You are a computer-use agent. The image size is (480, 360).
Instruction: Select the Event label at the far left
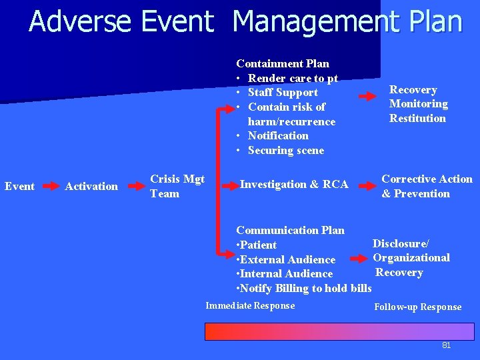pyautogui.click(x=19, y=187)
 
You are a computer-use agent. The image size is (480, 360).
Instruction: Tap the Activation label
pyautogui.click(x=91, y=187)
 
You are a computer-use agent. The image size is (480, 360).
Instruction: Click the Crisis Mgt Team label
pyautogui.click(x=177, y=186)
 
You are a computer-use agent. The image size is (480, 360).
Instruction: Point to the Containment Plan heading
pyautogui.click(x=283, y=64)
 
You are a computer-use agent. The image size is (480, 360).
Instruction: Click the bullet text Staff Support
pyautogui.click(x=283, y=93)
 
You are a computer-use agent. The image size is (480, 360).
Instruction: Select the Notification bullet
pyautogui.click(x=278, y=136)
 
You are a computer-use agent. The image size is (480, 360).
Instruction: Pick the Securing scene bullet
pyautogui.click(x=285, y=151)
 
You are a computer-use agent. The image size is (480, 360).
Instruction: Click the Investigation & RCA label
pyautogui.click(x=294, y=185)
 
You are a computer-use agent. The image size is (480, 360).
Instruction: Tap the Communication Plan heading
pyautogui.click(x=291, y=231)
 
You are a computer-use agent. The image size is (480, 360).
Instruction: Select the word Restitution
pyautogui.click(x=417, y=119)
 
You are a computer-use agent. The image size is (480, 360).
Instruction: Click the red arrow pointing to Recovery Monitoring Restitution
pyautogui.click(x=367, y=97)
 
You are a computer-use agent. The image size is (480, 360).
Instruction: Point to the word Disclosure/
pyautogui.click(x=401, y=243)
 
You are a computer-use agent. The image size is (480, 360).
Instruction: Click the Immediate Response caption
pyautogui.click(x=250, y=306)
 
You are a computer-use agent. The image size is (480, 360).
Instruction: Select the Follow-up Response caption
pyautogui.click(x=417, y=307)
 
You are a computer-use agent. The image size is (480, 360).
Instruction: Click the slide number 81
pyautogui.click(x=447, y=345)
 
